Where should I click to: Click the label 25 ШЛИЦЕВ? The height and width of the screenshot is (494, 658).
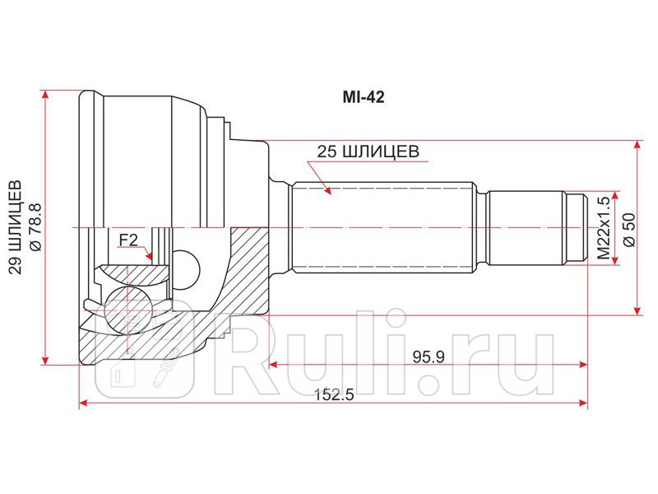369,151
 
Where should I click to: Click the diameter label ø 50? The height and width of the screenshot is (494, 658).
628,227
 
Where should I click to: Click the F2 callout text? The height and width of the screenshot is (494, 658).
128,240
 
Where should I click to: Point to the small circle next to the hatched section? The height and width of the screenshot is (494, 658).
189,266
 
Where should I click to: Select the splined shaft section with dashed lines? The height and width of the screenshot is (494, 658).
382,226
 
